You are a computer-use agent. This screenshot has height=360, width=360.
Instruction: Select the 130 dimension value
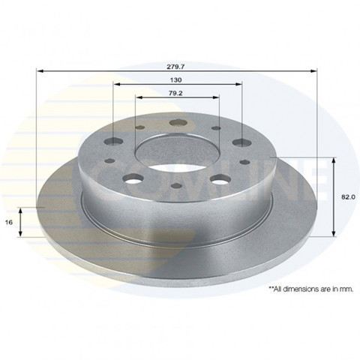pos(175,80)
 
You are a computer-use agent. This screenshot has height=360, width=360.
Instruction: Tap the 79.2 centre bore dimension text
pos(175,93)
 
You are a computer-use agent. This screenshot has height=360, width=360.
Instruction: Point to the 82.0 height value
pos(348,196)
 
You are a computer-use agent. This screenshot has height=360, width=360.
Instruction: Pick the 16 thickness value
pos(9,222)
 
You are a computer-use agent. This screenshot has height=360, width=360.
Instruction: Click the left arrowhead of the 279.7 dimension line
pos(40,71)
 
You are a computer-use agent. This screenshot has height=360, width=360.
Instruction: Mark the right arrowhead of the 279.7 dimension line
pos(313,71)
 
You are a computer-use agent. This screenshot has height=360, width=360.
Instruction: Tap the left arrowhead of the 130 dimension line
pos(117,84)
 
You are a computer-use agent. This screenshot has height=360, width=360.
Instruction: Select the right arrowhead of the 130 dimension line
pos(238,84)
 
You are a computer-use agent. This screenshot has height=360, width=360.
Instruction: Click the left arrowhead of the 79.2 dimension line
pos(139,97)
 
